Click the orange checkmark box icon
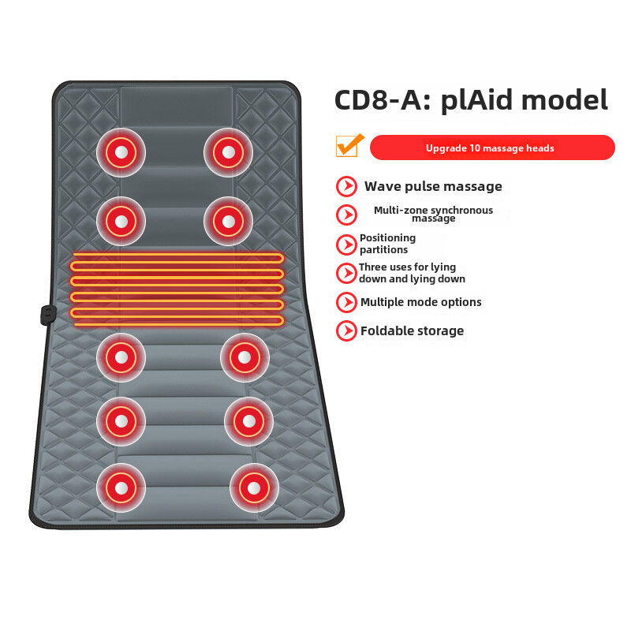click(348, 146)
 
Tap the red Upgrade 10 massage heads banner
click(491, 147)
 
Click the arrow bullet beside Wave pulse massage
click(346, 186)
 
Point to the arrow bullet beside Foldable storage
click(346, 330)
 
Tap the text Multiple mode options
click(420, 302)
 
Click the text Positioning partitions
click(387, 244)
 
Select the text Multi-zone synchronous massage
click(433, 214)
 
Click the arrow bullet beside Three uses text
click(346, 273)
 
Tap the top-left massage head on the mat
click(121, 152)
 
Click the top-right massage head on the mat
click(228, 152)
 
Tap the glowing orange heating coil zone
click(177, 289)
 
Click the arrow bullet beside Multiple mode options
click(346, 302)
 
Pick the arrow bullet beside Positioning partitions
click(346, 244)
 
